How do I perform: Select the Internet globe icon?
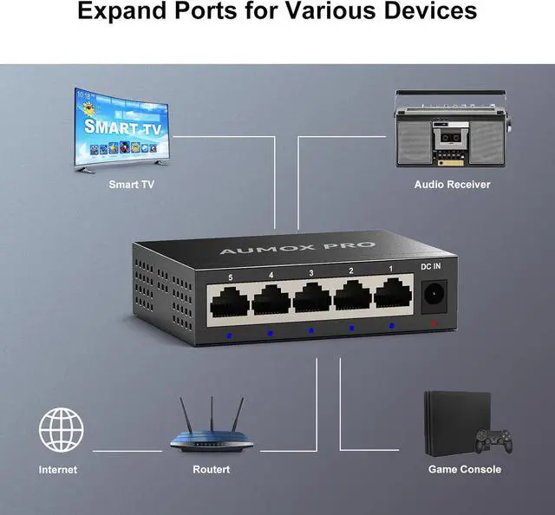coord(62,429)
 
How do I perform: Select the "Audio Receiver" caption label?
coord(452,184)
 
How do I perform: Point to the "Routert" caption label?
coord(211,469)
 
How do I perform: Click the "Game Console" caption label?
coord(464,469)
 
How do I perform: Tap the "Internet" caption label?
coord(58,469)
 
